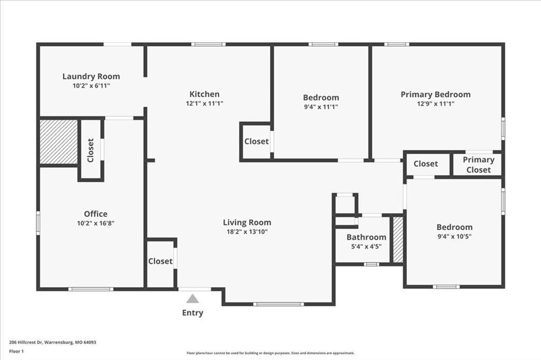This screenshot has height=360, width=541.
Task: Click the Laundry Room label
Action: point(91,76)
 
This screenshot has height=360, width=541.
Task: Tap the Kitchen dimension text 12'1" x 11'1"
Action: point(204,104)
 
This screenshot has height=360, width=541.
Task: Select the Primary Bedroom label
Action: point(435,94)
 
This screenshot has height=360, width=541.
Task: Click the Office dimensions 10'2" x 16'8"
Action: point(96,223)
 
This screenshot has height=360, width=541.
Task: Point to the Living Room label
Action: point(247,222)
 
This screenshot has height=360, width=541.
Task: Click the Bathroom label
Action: point(366,237)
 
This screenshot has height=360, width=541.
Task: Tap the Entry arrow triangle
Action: point(193,298)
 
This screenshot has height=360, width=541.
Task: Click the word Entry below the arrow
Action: point(192,312)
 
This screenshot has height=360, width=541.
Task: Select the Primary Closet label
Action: point(479,165)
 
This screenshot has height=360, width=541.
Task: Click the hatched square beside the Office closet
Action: point(59,141)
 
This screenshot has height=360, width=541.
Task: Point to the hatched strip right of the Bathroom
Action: point(398,240)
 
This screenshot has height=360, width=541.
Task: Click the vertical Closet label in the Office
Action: point(90,150)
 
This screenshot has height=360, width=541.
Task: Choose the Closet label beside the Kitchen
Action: point(256,141)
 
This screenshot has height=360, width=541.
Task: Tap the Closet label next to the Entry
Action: point(160,261)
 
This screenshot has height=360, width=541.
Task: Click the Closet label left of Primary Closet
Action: point(425,164)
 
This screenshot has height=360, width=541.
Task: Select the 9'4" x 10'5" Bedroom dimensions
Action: point(454,236)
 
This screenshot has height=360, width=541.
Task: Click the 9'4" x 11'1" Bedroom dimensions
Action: point(321,107)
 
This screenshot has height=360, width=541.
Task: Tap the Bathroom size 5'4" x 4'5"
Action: point(366,246)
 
